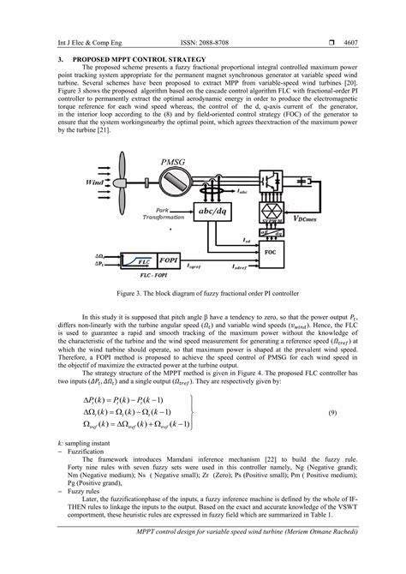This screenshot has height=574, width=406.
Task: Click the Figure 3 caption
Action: [202, 294]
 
